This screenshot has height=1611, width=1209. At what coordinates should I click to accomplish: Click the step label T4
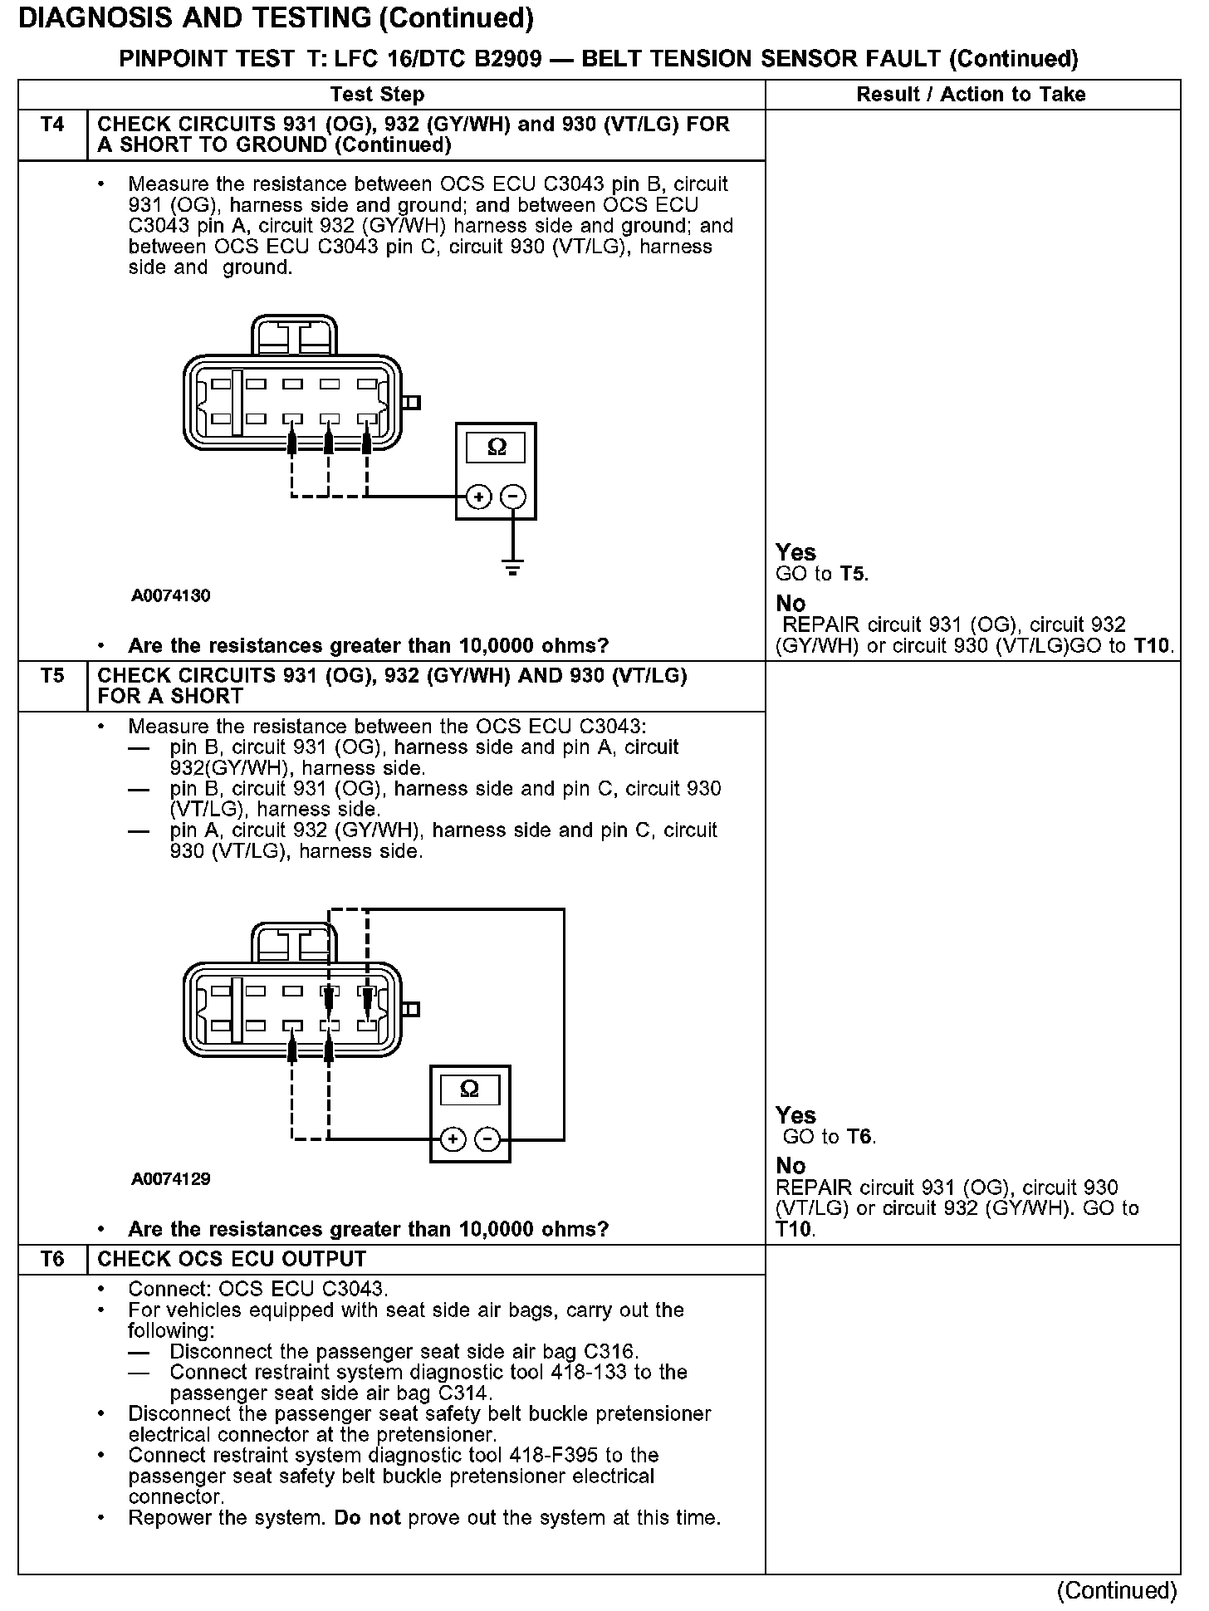coord(51,125)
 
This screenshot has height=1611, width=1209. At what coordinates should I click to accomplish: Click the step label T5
coord(51,675)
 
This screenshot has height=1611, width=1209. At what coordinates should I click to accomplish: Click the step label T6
coord(51,1259)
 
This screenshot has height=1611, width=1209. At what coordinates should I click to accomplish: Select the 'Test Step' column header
coord(377,95)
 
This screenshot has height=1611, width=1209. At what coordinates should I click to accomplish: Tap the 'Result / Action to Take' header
coord(971,95)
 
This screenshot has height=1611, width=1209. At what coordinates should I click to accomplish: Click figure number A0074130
coord(170,595)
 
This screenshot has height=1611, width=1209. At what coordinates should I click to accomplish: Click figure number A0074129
coord(170,1178)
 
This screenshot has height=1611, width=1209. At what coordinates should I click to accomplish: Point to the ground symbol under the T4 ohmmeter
coord(514,569)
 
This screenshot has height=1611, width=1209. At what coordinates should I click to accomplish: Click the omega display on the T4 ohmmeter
coord(496,448)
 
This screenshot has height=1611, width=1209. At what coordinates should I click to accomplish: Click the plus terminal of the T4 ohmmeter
coord(477,497)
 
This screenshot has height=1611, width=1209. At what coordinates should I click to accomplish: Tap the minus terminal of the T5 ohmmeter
coord(488,1139)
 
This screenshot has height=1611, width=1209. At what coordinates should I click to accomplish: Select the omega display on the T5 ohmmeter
coord(469,1090)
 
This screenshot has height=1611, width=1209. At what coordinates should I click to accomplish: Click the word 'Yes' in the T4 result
coord(795,552)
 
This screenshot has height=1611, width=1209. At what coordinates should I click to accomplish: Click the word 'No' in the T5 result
coord(790,1166)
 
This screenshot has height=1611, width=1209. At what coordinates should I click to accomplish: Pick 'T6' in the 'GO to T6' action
coord(859,1137)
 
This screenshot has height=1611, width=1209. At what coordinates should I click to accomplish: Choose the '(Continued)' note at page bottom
coord(1117,1589)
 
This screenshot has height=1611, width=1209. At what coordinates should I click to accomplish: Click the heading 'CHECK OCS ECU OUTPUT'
coord(232,1259)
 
